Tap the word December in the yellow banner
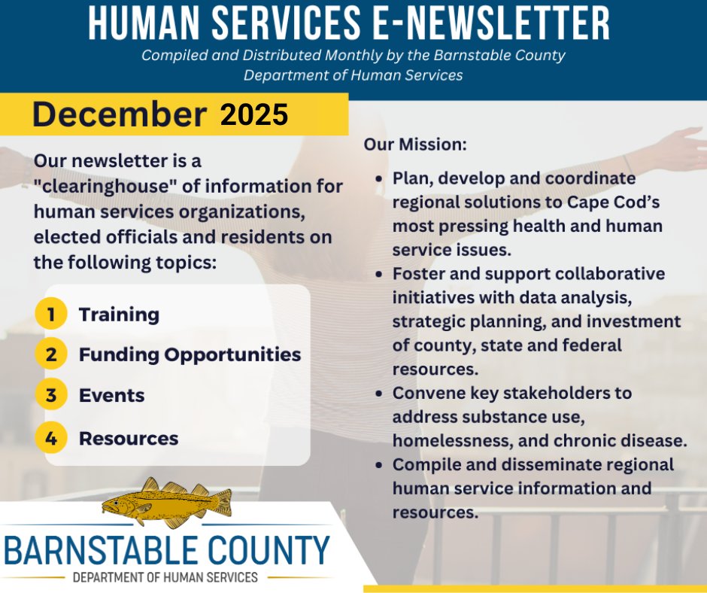pos(120,114)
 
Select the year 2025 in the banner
pos(254,114)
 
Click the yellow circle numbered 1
pos(51,315)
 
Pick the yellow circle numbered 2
pos(51,354)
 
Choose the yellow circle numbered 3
pos(51,396)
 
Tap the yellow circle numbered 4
pos(51,439)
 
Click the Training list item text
pos(119,315)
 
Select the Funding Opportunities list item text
pos(190,354)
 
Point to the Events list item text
pos(111,396)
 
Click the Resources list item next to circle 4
pos(129,439)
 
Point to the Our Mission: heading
pos(415,144)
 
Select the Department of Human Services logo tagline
pos(165,578)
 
